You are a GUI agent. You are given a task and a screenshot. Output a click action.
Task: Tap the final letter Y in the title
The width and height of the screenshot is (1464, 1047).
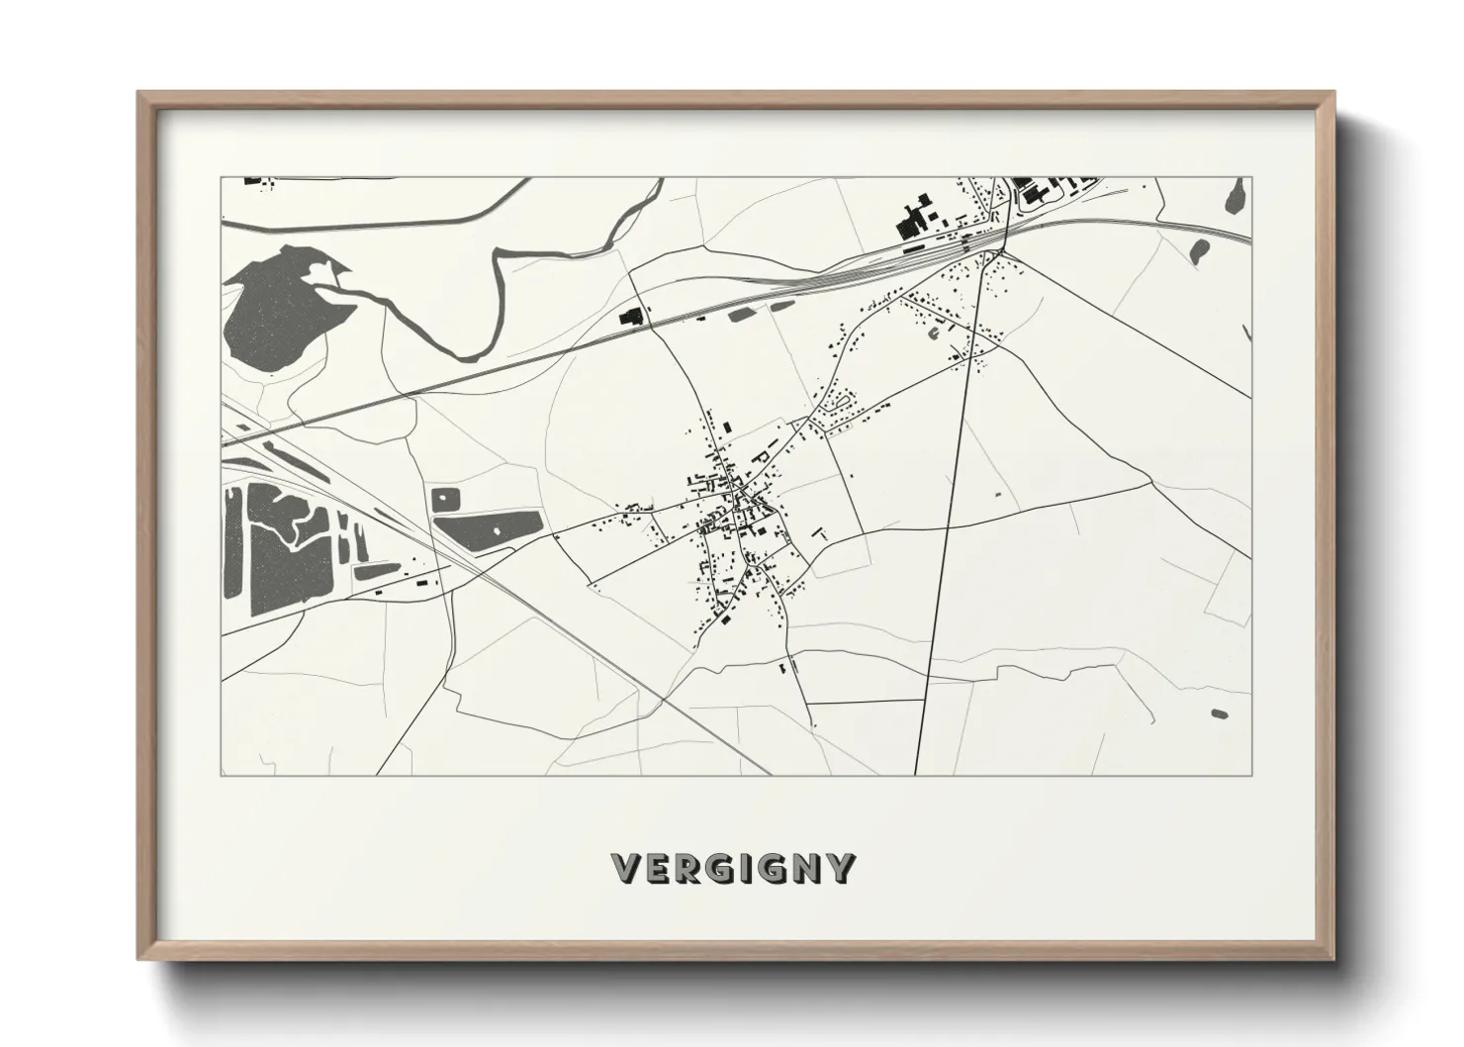(840, 868)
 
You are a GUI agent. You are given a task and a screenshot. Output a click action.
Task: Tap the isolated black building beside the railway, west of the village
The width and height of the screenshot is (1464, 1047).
(630, 317)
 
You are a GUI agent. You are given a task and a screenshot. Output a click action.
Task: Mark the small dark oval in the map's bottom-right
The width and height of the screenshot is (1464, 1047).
(1218, 713)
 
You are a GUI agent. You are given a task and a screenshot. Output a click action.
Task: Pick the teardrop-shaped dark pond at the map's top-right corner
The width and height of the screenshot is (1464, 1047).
(1235, 196)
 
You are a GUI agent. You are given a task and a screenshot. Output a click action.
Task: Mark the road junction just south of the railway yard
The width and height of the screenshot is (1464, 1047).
(1001, 251)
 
